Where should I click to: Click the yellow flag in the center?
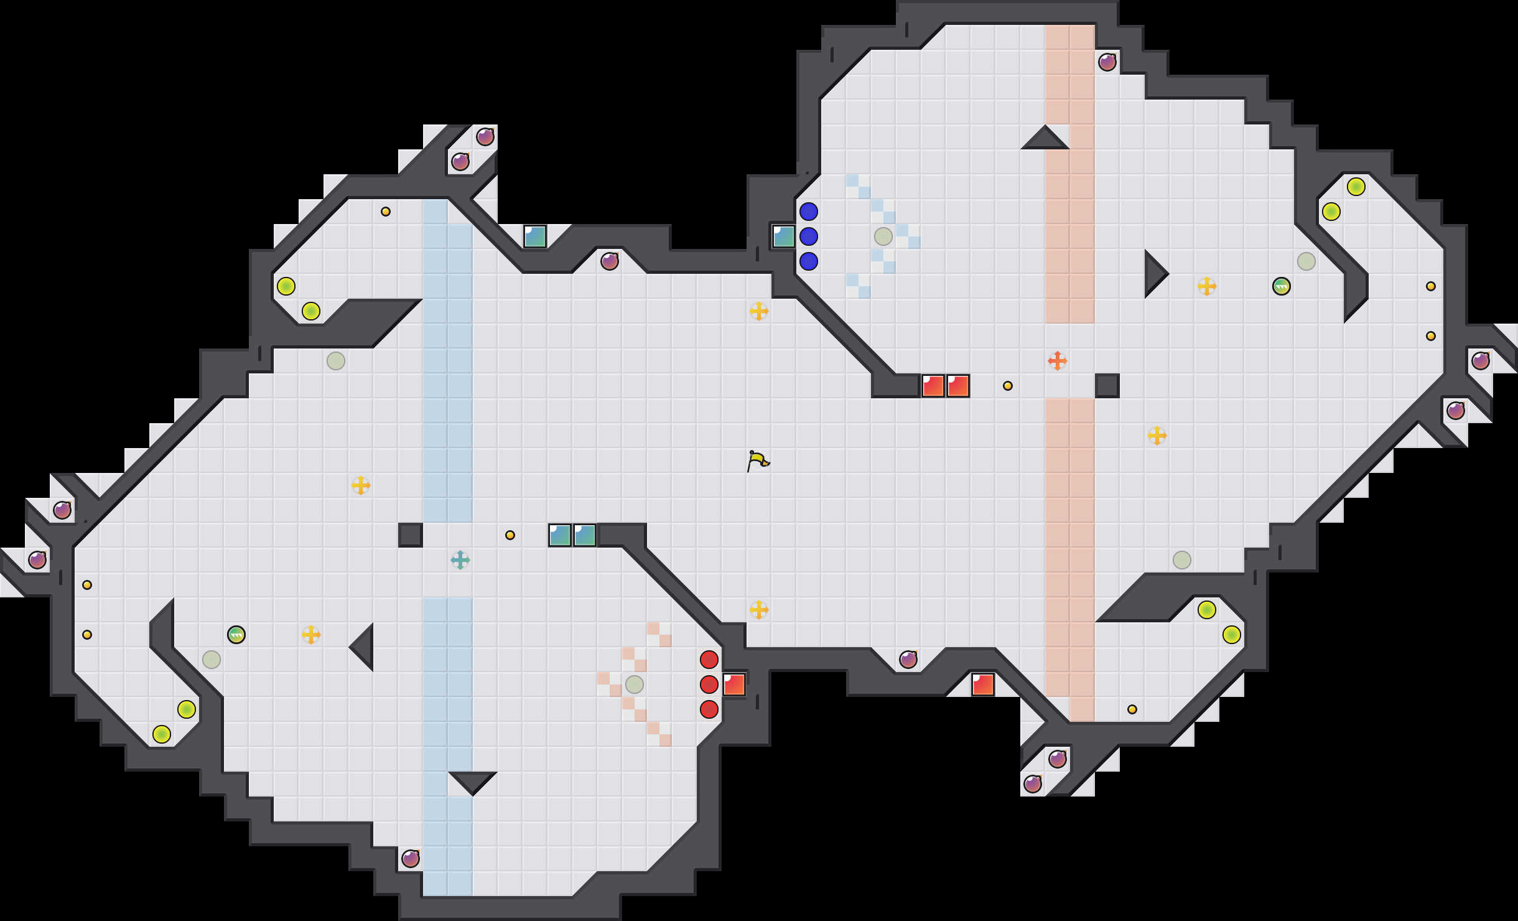click(x=758, y=461)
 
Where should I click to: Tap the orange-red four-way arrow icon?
click(x=1057, y=360)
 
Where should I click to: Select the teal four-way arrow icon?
click(x=460, y=559)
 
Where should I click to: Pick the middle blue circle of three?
click(x=808, y=236)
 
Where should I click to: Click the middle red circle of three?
click(x=709, y=684)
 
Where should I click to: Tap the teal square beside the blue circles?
click(x=783, y=236)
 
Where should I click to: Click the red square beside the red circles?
click(x=734, y=684)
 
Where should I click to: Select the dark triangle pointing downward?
click(x=473, y=781)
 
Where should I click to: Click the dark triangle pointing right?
click(x=1154, y=274)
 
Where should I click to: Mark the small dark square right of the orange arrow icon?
click(x=1107, y=385)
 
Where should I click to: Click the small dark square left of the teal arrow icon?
click(x=410, y=535)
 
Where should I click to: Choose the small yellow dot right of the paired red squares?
click(x=1007, y=386)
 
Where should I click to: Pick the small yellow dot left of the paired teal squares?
click(x=510, y=535)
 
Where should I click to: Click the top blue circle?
click(x=808, y=212)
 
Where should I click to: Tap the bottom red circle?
click(x=709, y=709)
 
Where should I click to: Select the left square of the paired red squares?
click(x=933, y=386)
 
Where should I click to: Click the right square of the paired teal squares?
click(x=584, y=535)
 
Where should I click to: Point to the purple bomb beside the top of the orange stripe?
click(x=1107, y=62)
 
